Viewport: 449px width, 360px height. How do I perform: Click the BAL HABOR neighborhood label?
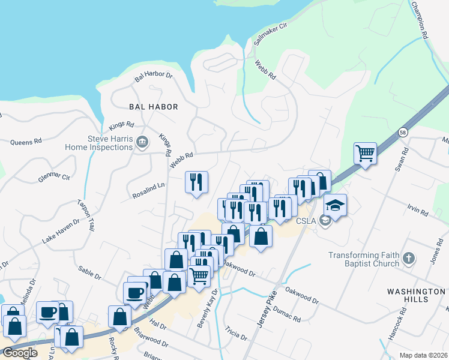[154, 107]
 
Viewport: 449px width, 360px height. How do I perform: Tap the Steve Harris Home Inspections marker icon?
[142, 142]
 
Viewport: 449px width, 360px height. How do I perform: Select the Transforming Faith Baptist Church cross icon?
[408, 259]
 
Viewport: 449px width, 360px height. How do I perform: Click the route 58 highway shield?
[402, 132]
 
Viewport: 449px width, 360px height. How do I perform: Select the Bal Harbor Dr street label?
[153, 76]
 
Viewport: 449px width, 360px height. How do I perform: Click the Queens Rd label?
[26, 142]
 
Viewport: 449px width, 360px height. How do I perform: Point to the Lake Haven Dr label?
[60, 231]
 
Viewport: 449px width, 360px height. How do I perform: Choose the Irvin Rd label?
[417, 211]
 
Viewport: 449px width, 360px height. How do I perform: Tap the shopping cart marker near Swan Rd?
[365, 153]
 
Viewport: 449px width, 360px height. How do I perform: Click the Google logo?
[20, 353]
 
